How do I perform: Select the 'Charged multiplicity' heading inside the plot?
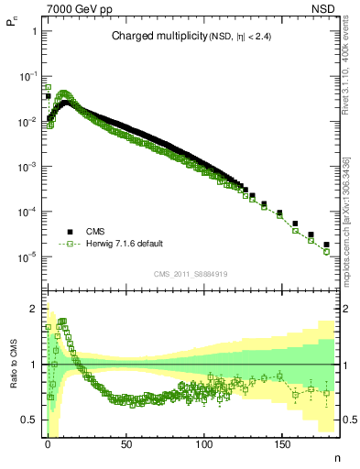click(151, 37)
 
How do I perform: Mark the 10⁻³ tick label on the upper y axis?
click(27, 167)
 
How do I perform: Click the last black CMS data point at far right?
click(326, 245)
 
